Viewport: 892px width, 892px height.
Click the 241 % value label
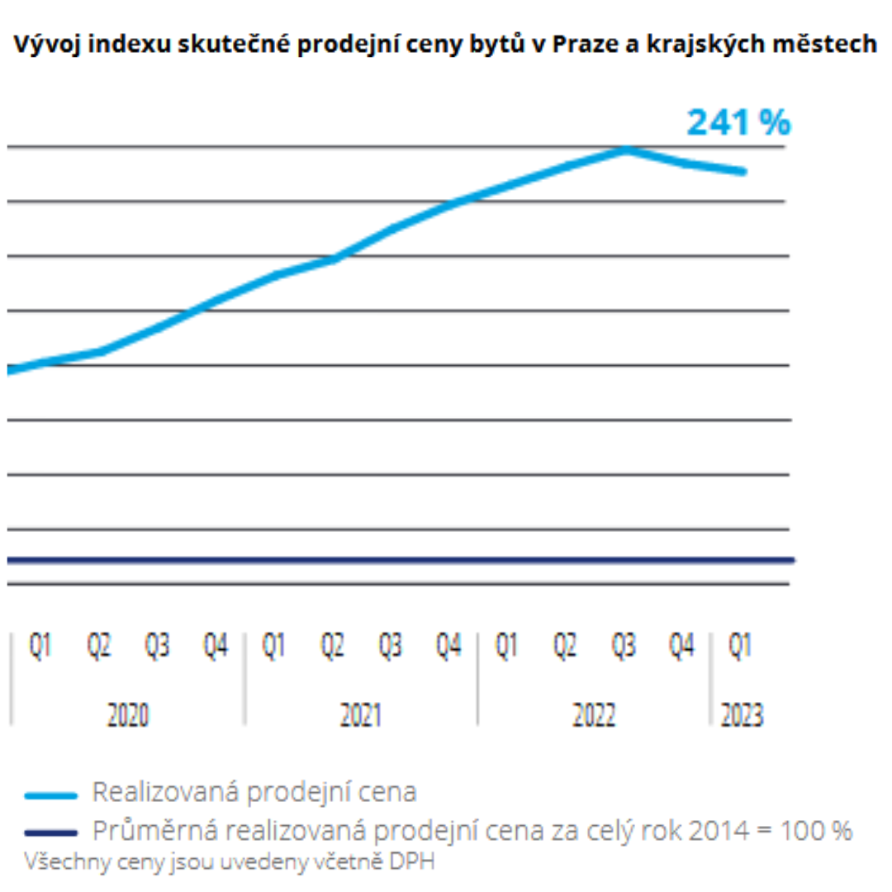[x=738, y=122]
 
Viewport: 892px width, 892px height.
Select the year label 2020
[x=128, y=715]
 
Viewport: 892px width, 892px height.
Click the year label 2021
[x=361, y=715]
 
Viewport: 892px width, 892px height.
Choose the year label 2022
[x=594, y=715]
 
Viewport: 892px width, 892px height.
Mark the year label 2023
[x=742, y=715]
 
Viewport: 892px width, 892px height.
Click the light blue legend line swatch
[x=51, y=795]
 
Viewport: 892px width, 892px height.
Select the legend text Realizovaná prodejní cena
[x=254, y=793]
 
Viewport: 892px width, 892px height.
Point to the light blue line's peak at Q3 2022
[x=628, y=149]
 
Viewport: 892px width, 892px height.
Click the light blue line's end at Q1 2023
[x=743, y=172]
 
